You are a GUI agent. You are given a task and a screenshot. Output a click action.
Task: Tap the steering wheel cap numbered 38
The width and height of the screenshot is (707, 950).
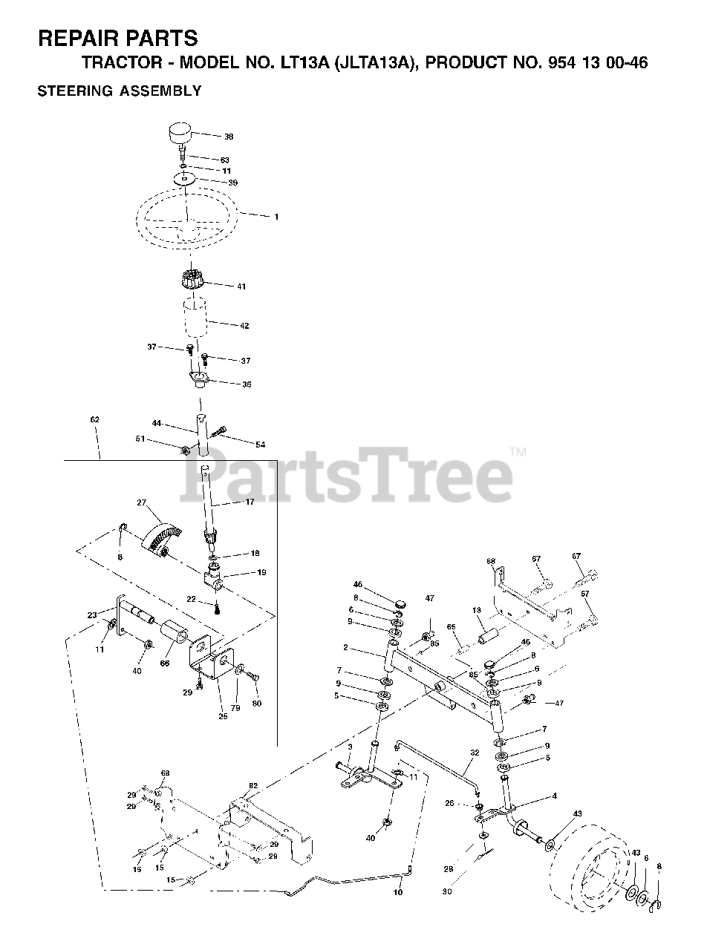(178, 136)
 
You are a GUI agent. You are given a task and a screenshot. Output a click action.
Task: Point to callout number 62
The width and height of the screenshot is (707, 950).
(94, 420)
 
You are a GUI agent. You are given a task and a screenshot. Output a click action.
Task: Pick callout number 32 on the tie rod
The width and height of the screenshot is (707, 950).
(475, 753)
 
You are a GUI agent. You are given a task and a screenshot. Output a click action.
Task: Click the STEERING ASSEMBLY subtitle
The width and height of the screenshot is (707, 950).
(119, 91)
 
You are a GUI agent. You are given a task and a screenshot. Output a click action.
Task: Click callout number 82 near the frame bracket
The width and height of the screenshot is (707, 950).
(252, 786)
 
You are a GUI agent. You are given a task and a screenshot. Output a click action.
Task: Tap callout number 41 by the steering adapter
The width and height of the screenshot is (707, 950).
(241, 286)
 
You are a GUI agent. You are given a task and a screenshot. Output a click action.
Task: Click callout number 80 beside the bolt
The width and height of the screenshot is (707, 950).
(257, 703)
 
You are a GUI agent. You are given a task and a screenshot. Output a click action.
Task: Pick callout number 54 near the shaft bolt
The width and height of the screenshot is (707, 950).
(260, 444)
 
